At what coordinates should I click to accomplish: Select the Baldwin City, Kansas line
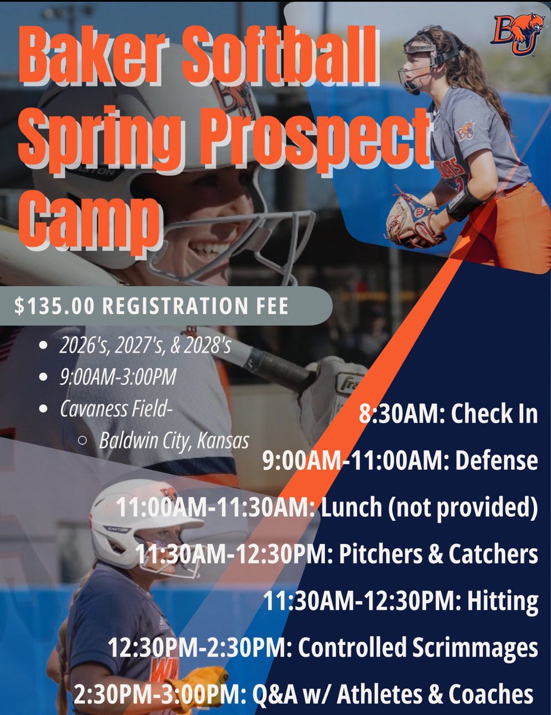click(174, 439)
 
